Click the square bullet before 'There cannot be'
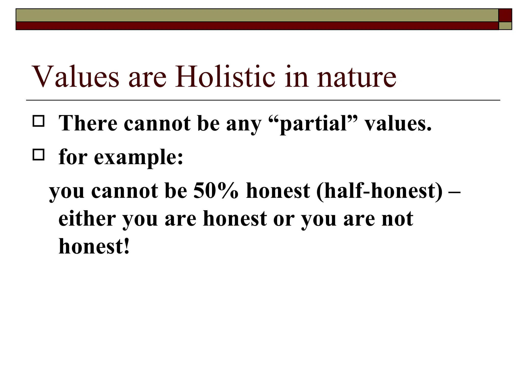38,121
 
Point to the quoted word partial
313,124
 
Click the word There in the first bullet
88,123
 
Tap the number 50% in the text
216,191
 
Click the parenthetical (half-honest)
380,191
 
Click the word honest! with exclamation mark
94,246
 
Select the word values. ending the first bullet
398,124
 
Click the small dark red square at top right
505,15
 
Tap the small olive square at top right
505,26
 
